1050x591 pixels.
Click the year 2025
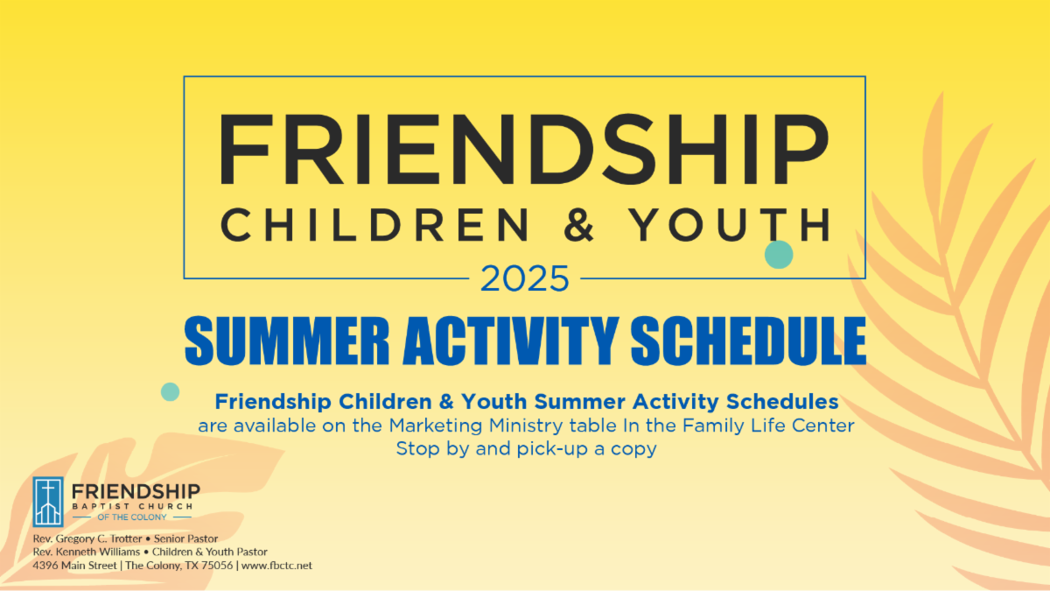[x=525, y=279]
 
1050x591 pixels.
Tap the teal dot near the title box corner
[x=779, y=255]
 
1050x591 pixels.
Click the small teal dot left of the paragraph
[x=171, y=391]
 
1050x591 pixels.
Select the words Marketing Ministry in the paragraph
[x=464, y=426]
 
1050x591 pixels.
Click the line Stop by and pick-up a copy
[x=526, y=449]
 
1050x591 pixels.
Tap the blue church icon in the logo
[x=48, y=502]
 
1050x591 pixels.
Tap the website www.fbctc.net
[x=276, y=566]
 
